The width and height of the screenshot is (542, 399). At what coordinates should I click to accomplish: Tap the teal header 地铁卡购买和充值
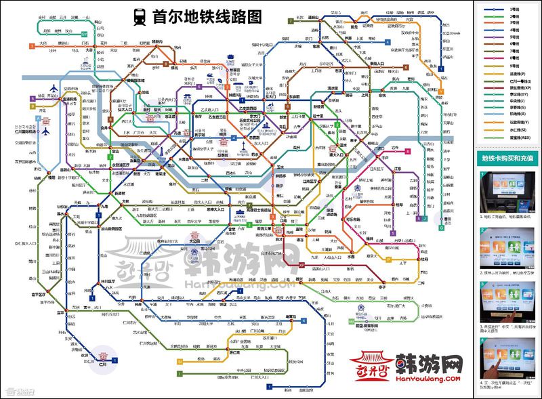507,158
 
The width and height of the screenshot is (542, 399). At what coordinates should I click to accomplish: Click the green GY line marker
84,33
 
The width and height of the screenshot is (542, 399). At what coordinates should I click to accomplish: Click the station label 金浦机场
70,99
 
